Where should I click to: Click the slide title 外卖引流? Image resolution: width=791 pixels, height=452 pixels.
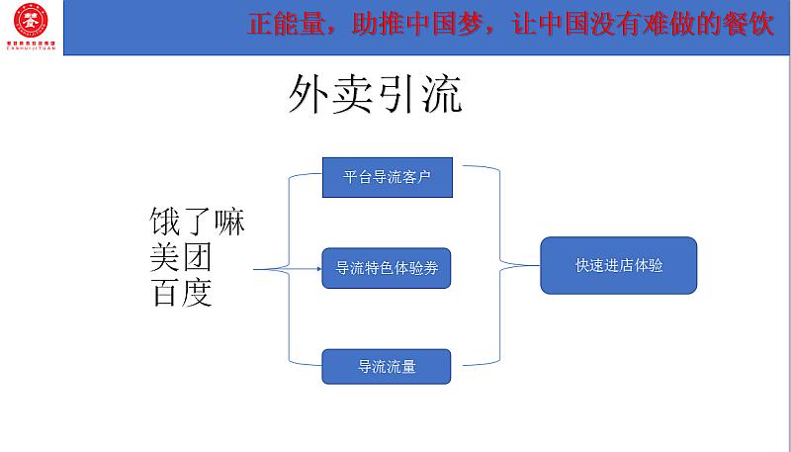tap(376, 97)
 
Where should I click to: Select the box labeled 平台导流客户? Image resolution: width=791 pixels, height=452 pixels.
tap(387, 177)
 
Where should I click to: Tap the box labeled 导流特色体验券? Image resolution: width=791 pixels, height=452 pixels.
tap(387, 268)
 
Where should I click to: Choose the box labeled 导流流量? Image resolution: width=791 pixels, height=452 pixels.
tap(387, 366)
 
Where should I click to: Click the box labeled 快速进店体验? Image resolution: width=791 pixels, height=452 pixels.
tap(618, 265)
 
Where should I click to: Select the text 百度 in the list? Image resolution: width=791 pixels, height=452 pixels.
tap(181, 294)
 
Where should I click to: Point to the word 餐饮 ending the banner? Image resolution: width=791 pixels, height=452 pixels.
tap(750, 25)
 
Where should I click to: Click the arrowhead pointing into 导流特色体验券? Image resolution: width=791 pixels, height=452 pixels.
tap(318, 268)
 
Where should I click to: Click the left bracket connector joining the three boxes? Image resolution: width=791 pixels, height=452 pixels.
tap(289, 268)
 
